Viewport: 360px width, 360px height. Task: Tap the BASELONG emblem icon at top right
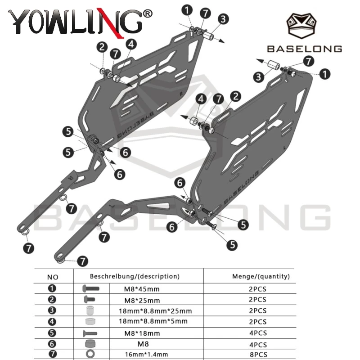click(x=301, y=26)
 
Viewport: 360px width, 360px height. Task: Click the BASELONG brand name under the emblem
click(x=305, y=49)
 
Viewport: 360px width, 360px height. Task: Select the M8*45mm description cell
click(x=142, y=289)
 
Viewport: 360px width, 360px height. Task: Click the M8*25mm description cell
click(x=142, y=300)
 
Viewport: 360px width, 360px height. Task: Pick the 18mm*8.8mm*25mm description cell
click(x=155, y=311)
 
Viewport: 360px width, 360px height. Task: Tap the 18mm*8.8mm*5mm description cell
click(x=153, y=321)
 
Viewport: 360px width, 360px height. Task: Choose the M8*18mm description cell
click(x=142, y=333)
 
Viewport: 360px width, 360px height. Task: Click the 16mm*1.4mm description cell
click(x=147, y=355)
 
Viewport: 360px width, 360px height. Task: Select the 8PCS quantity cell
click(x=258, y=355)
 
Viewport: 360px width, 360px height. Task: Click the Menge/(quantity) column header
click(x=261, y=276)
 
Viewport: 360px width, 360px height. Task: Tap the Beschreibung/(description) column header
click(x=135, y=276)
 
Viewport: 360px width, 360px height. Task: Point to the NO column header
click(x=53, y=277)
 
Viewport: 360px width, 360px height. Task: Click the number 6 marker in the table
click(x=52, y=344)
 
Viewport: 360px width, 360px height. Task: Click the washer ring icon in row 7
click(x=90, y=354)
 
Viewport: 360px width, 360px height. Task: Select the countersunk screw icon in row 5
click(x=90, y=333)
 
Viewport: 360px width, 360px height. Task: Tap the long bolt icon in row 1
click(x=91, y=288)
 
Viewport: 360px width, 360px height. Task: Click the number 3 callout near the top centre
click(x=223, y=19)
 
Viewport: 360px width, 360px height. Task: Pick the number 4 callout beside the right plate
click(x=201, y=99)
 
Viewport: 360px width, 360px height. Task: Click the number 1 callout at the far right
click(x=324, y=74)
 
